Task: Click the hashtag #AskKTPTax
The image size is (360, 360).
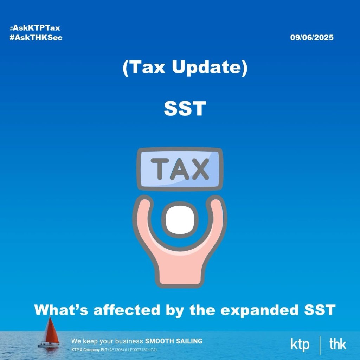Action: (x=35, y=28)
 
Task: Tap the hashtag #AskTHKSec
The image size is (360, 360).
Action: (x=36, y=37)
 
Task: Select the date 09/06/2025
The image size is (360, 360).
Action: (x=312, y=37)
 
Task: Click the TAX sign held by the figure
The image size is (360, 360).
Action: (x=180, y=169)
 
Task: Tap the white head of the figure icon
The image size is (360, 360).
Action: (x=180, y=220)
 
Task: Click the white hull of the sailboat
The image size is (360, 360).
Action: (x=49, y=345)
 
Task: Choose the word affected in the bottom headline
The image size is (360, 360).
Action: (x=127, y=310)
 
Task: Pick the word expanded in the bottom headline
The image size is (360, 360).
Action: (x=259, y=310)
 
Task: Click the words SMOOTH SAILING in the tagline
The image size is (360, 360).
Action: (x=174, y=341)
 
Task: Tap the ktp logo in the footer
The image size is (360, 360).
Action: (x=300, y=345)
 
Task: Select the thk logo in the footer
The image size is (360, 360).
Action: (x=338, y=344)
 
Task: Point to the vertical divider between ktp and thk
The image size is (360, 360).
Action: (x=320, y=345)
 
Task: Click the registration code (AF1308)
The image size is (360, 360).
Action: (x=116, y=350)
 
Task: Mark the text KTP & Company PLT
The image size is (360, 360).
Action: (x=89, y=350)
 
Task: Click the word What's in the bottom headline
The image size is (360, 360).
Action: (x=61, y=310)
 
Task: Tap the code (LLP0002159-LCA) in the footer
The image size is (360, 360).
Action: (x=141, y=350)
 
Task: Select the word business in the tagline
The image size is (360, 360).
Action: (x=127, y=341)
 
